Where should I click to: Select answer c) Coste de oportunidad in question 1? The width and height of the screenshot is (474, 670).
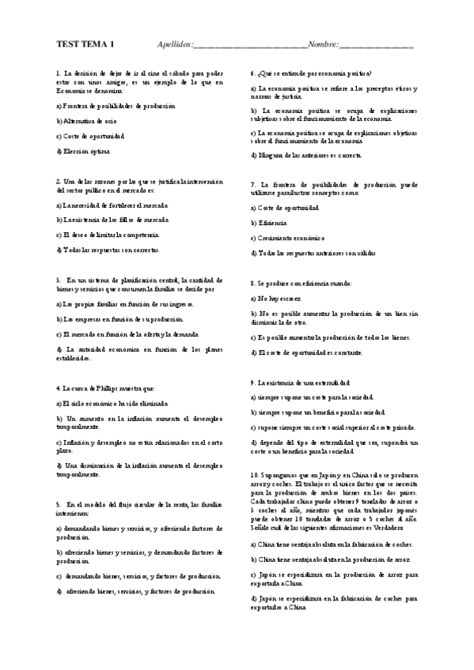91,135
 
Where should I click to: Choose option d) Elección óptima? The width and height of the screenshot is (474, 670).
84,150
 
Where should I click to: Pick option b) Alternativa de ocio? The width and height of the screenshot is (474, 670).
86,120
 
